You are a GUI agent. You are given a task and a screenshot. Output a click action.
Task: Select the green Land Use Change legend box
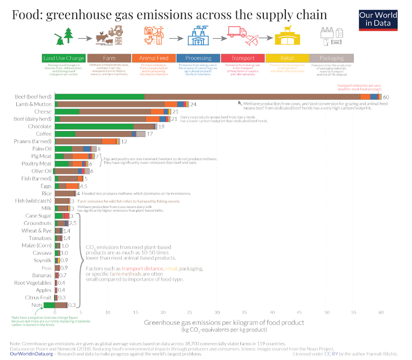coord(63,58)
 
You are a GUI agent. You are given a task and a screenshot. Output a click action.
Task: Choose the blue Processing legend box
coord(198,58)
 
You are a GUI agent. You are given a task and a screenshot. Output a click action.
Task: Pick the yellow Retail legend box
coord(287,58)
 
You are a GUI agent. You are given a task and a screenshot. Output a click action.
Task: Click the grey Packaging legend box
coord(331,58)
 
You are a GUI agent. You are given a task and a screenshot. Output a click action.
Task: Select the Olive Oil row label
coord(41,171)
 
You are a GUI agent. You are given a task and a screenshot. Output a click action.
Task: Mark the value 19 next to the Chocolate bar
coord(161,127)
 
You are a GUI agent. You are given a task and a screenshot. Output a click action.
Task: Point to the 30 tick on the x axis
coord(217,312)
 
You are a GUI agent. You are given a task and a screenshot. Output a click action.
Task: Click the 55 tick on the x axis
coord(353,312)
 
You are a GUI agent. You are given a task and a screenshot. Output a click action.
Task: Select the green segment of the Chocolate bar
coord(94,127)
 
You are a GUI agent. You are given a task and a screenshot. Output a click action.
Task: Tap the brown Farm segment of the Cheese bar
coord(115,111)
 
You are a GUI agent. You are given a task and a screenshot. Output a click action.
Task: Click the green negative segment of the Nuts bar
coord(49,305)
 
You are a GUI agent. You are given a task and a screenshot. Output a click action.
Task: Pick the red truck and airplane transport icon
coord(243,36)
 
